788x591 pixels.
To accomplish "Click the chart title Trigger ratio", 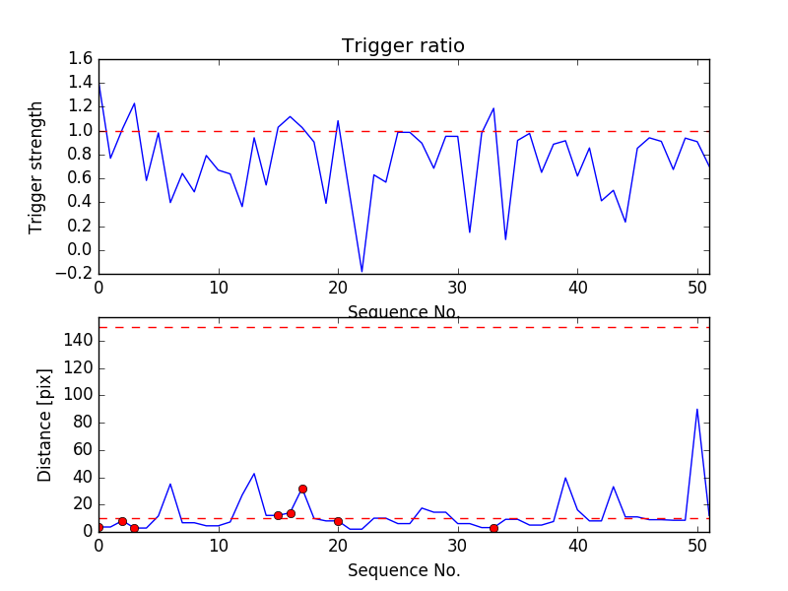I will [x=403, y=46].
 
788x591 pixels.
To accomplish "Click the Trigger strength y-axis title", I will [x=36, y=166].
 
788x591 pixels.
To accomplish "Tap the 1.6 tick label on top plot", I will [x=80, y=59].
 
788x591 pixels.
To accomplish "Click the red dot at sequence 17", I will [x=302, y=489].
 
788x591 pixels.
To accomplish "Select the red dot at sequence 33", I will [x=493, y=528].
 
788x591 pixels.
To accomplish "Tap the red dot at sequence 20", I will [x=338, y=521].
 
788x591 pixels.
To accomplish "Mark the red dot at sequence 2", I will [x=122, y=521].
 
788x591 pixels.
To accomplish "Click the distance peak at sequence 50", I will [x=697, y=409].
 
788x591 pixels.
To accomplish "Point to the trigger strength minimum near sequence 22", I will [x=361, y=271].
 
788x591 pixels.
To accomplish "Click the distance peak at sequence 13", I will [x=254, y=474].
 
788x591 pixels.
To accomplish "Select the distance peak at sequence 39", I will [x=565, y=478].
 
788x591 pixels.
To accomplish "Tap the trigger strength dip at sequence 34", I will [x=505, y=239].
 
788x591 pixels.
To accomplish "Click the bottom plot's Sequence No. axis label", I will [x=403, y=570].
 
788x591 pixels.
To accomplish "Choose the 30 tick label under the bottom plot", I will [x=458, y=547].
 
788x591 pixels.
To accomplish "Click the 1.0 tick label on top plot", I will [x=80, y=131].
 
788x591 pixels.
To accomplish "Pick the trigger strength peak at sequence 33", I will [x=493, y=108].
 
